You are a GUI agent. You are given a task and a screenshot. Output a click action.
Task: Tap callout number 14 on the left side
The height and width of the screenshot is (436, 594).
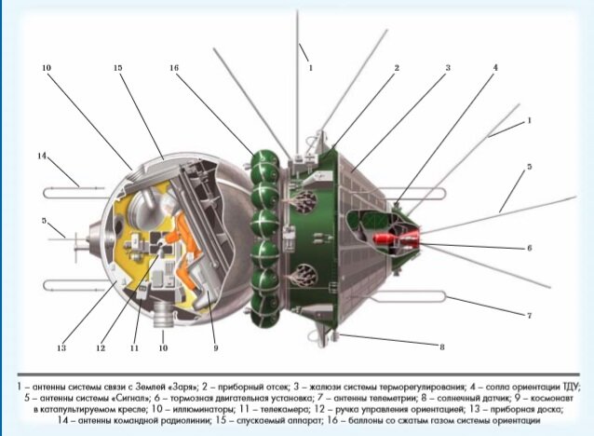click(x=42, y=157)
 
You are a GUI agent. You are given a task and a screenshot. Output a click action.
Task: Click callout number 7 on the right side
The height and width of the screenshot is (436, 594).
click(x=529, y=316)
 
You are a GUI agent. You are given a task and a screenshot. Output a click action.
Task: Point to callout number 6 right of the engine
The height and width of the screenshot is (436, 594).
click(x=529, y=249)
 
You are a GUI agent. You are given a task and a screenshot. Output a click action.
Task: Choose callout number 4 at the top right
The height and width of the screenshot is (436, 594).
click(x=495, y=67)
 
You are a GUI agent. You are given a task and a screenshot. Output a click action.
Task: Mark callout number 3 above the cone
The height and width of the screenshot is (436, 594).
click(x=447, y=67)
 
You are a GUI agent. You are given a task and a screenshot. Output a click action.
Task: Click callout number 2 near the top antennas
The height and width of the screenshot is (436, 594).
click(x=396, y=67)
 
